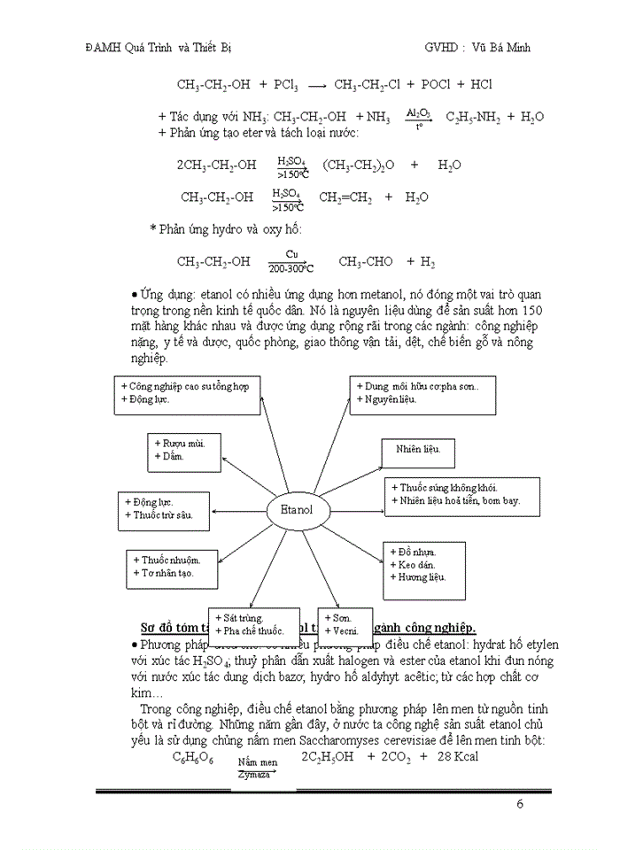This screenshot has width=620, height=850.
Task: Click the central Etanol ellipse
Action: click(x=297, y=511)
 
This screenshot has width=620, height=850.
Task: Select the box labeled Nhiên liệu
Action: click(x=417, y=452)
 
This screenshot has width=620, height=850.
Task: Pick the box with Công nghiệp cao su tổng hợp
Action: click(x=173, y=392)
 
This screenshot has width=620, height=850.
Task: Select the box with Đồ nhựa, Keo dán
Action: click(x=423, y=564)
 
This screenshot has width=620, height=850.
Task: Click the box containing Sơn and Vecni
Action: click(x=343, y=624)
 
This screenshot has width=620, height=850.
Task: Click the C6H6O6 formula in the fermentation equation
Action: click(x=193, y=758)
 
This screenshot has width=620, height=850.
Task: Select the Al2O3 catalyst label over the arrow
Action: click(x=418, y=113)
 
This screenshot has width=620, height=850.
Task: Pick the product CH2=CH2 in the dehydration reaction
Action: click(x=345, y=197)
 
